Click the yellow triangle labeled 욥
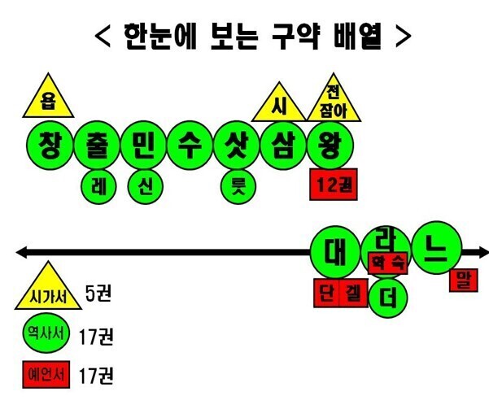pos(48,100)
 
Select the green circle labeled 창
pos(50,146)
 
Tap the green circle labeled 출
pos(97,146)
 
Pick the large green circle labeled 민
pos(143,146)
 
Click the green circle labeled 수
pos(190,146)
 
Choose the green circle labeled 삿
pos(237,146)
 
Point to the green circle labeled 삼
pos(284,146)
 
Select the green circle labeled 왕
pos(330,146)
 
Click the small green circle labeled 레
pos(98,187)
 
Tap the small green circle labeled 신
pos(146,187)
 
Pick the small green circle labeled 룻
pos(238,187)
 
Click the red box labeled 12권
pos(334,185)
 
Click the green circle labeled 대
pos(335,252)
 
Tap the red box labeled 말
pos(464,281)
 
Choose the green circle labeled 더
pos(387,297)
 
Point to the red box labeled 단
pos(326,293)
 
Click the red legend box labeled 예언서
pos(46,374)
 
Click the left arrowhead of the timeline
pos(22,252)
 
